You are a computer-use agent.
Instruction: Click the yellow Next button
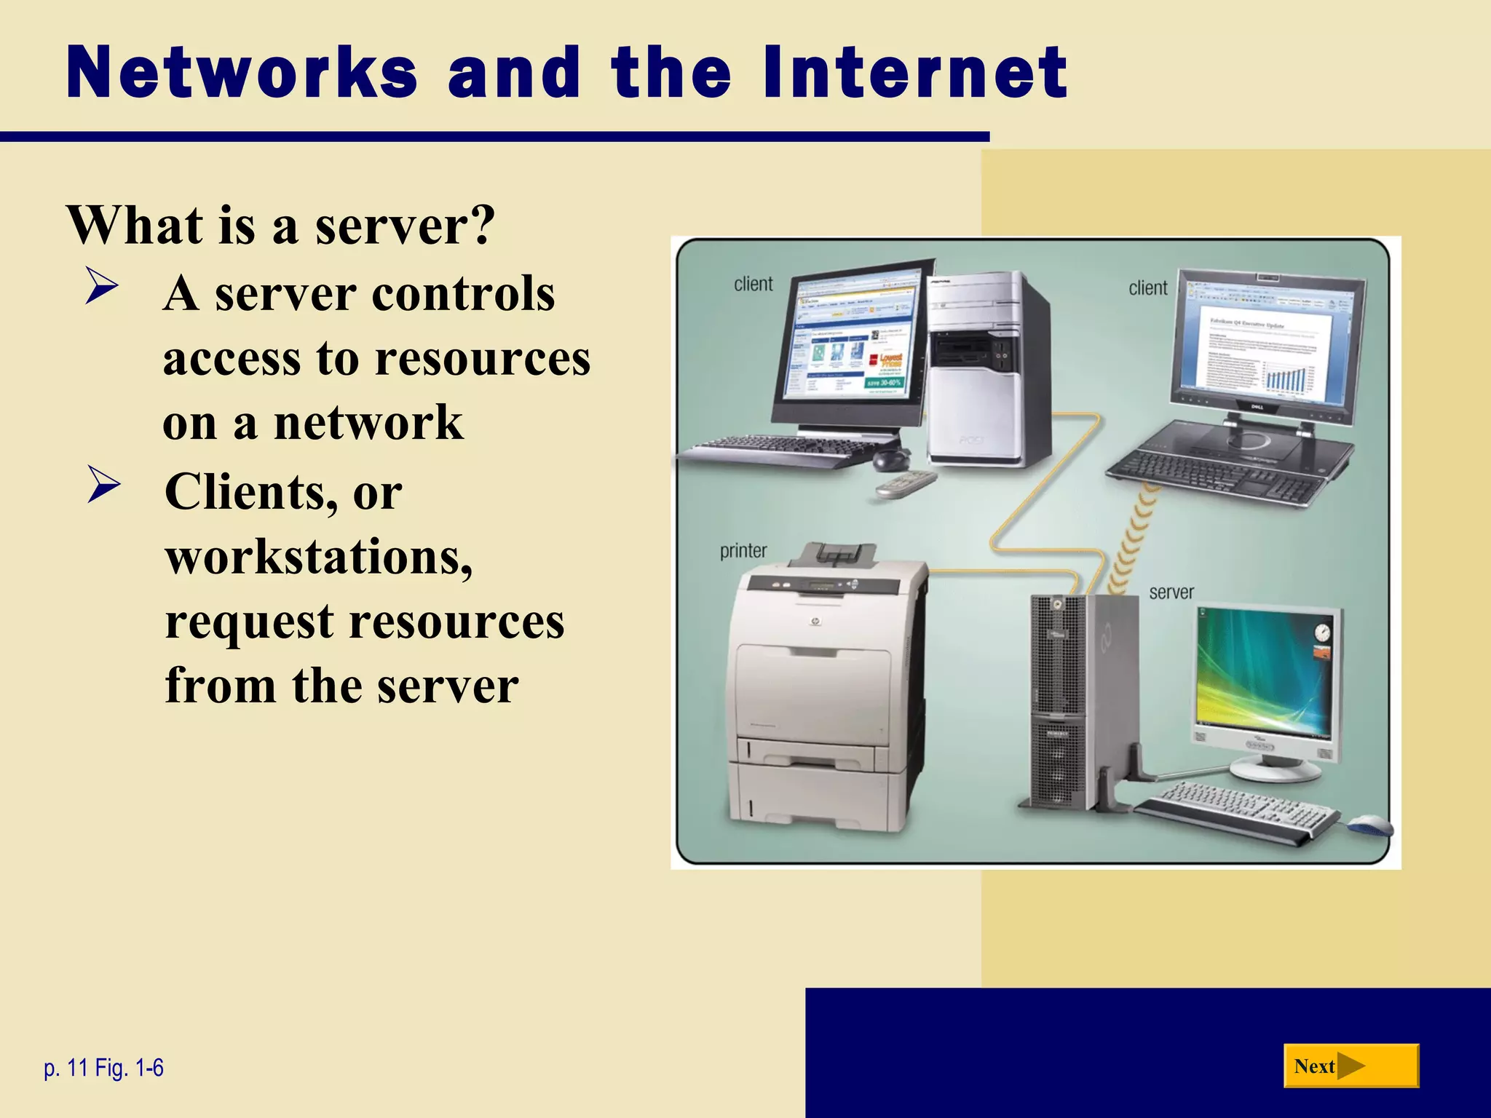coord(1350,1066)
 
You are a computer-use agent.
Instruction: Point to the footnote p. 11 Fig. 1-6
coord(103,1068)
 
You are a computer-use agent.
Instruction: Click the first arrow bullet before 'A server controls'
coord(101,286)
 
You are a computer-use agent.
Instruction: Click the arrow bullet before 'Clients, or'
coord(103,484)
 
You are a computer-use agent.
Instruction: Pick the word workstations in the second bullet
coord(319,557)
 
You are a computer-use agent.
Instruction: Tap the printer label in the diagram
coord(743,551)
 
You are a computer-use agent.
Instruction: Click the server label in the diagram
coord(1171,592)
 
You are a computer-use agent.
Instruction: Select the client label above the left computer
coord(753,284)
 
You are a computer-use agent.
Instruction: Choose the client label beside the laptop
coord(1147,288)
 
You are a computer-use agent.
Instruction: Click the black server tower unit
coord(1059,702)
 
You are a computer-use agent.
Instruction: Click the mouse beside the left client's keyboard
coord(891,458)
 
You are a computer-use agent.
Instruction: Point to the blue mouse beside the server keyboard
coord(1370,825)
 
